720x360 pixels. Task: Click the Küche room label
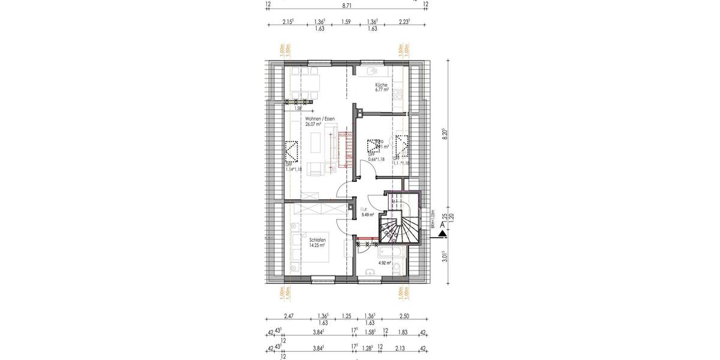click(x=382, y=85)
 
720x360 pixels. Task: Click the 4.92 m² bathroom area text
click(x=385, y=263)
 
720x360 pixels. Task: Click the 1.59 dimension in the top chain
click(x=346, y=22)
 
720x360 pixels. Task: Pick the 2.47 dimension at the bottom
click(x=288, y=316)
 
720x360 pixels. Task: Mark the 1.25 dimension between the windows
click(x=346, y=316)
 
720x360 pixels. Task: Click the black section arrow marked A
click(x=442, y=226)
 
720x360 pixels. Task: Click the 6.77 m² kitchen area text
click(x=382, y=90)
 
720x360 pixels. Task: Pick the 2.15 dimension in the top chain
click(x=288, y=22)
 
